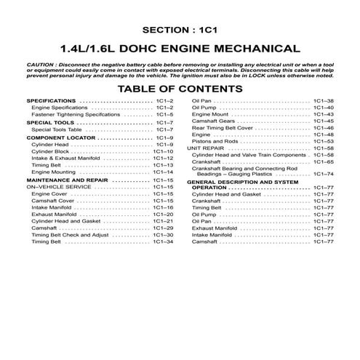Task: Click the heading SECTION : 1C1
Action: (180, 33)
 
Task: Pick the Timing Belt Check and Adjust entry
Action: (70, 235)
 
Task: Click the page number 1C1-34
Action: (165, 241)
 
